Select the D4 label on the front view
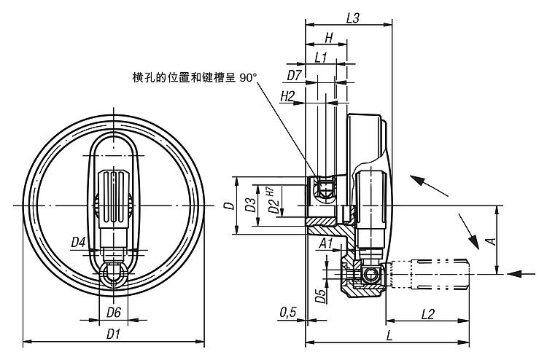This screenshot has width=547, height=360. pos(79,241)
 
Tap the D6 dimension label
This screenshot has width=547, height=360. pos(113,313)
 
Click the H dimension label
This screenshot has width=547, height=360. pos(328,37)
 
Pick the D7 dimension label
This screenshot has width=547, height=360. pos(295,75)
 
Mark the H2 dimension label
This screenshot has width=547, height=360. pos(287,95)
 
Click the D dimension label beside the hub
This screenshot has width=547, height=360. pos(228,206)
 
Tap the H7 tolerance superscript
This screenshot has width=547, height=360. pos(270,190)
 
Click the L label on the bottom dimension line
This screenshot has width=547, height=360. pos(390,334)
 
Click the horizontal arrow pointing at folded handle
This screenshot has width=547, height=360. pos(523,274)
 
